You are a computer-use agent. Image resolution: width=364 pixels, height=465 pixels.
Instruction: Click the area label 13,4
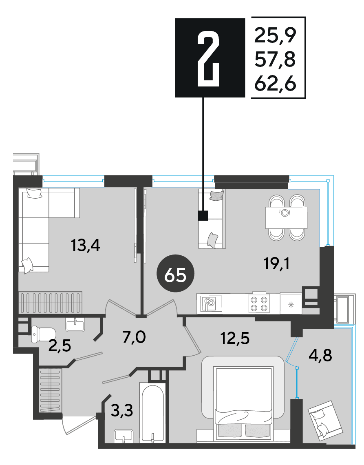click(x=85, y=246)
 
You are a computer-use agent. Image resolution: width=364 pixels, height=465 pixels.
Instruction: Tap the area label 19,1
click(x=276, y=263)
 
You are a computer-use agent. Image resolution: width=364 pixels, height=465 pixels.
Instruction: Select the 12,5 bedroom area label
click(x=235, y=338)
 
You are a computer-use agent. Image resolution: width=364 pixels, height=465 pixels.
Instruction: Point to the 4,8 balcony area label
click(x=320, y=355)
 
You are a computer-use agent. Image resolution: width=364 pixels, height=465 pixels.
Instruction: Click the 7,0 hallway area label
click(x=134, y=337)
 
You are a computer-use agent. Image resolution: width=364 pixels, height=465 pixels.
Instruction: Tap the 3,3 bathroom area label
click(x=121, y=411)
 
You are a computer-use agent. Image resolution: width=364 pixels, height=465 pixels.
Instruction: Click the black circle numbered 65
click(x=176, y=273)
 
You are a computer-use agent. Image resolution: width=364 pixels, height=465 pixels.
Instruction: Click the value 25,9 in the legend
click(x=276, y=35)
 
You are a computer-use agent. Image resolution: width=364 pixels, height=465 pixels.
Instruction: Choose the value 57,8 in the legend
click(x=276, y=59)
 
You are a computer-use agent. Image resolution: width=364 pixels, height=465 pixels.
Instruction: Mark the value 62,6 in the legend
click(x=276, y=83)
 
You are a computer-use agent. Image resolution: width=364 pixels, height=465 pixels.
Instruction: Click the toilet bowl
click(x=43, y=334)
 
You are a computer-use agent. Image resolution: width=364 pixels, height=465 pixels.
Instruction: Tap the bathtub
click(x=152, y=413)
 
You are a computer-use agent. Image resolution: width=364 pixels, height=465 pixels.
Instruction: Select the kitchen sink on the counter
click(x=211, y=303)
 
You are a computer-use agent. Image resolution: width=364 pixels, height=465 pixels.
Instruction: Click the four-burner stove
click(x=259, y=303)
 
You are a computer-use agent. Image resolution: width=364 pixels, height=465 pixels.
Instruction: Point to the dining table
click(x=286, y=217)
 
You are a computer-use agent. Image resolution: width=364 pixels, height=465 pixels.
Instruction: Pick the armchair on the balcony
click(x=325, y=418)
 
